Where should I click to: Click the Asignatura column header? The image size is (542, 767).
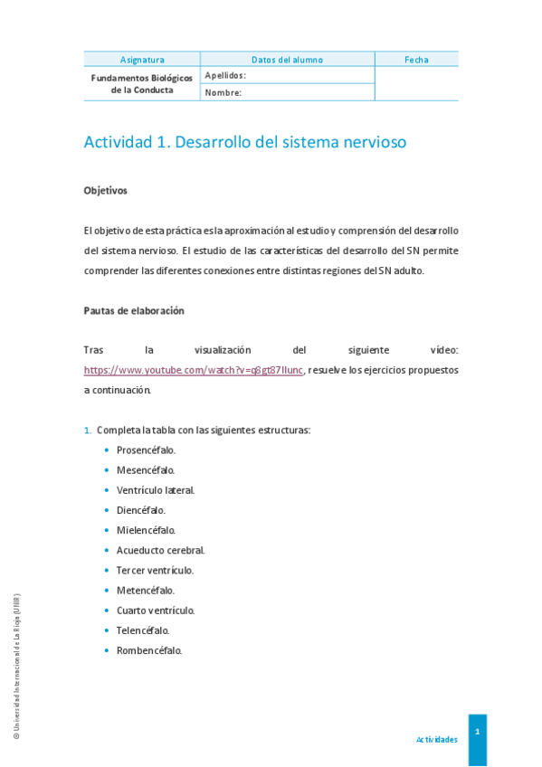coord(142,60)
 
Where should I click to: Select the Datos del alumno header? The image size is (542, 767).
coord(287,60)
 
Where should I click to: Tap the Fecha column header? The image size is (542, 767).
coord(416,60)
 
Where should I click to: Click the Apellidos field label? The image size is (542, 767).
coord(225,75)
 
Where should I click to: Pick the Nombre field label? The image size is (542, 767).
coord(223,92)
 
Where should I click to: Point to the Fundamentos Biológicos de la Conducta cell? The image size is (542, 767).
coord(142,84)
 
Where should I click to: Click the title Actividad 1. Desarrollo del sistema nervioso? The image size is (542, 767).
coord(245,142)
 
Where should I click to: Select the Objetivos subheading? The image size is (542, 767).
coord(106,191)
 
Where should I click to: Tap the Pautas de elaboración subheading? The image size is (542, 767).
coord(134,310)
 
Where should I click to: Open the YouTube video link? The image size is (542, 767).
coord(194,370)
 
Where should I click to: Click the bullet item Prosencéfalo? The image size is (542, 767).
coord(146,450)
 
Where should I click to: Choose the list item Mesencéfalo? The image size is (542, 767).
coord(146,470)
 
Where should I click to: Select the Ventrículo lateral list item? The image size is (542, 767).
coord(155,490)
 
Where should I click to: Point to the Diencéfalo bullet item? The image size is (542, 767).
coord(140,510)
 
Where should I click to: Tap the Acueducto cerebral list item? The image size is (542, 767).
coord(160,550)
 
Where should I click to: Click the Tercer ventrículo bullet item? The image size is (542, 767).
coord(155,570)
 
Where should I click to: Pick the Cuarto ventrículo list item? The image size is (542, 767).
coord(155,611)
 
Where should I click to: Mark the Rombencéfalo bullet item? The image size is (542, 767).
coord(149,650)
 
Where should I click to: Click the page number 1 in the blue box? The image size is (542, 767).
coord(477,731)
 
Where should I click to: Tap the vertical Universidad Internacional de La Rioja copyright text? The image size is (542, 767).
coord(16,667)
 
